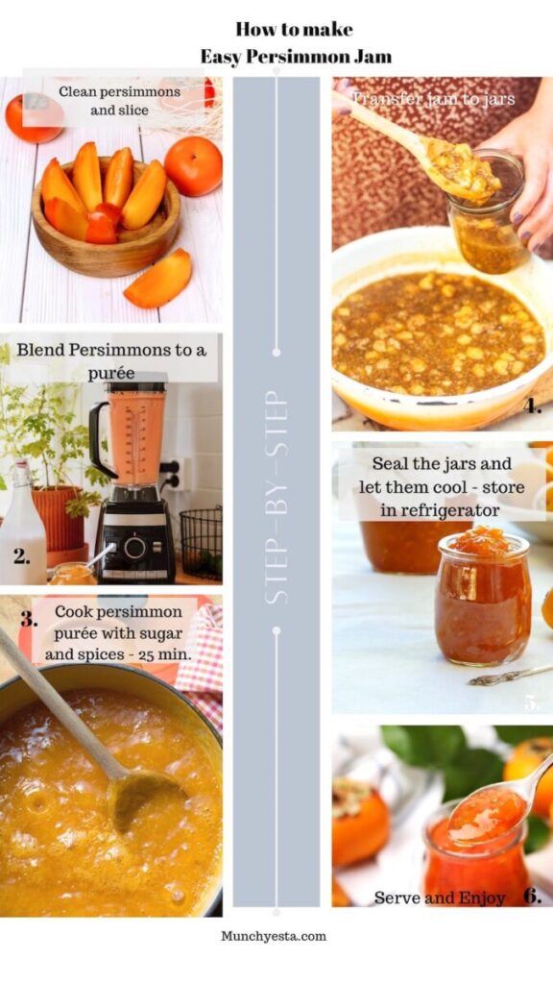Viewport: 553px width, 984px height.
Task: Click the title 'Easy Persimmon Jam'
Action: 296,57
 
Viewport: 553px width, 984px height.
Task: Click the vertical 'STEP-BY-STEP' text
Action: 276,496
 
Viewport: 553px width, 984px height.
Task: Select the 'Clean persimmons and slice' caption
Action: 119,101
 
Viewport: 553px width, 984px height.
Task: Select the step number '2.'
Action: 21,555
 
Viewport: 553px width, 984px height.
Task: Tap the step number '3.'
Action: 29,620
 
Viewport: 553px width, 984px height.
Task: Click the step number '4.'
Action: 532,406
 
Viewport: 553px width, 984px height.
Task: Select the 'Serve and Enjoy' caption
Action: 440,898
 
